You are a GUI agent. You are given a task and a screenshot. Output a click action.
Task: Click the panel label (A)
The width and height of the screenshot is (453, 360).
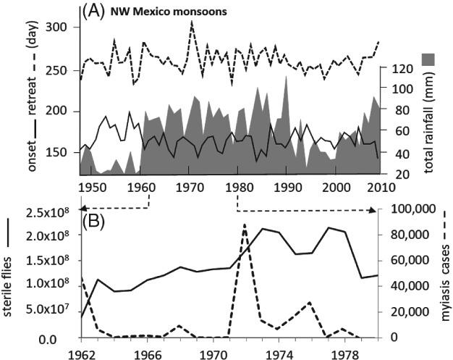pyautogui.click(x=95, y=9)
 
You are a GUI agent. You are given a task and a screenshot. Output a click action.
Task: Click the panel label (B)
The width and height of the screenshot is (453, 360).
pyautogui.click(x=95, y=218)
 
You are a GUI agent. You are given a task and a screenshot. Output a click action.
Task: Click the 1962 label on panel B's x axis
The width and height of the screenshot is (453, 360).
pyautogui.click(x=80, y=354)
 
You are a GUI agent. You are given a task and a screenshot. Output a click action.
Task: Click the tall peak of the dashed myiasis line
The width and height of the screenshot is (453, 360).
pyautogui.click(x=245, y=225)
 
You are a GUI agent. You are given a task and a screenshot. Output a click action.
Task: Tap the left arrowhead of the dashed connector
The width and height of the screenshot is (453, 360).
pyautogui.click(x=85, y=209)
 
